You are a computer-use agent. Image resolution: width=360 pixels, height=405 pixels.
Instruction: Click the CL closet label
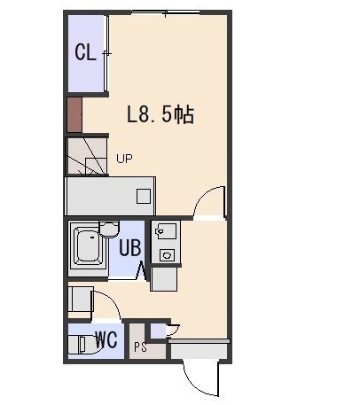85,52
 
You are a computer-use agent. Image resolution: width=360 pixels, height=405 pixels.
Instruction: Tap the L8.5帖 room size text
160,114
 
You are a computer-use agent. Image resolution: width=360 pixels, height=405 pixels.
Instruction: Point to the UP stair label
124,159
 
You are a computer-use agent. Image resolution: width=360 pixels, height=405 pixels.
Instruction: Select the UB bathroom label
129,247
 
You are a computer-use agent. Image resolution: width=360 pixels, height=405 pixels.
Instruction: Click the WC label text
106,339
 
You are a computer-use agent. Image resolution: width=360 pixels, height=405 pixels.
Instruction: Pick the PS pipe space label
140,347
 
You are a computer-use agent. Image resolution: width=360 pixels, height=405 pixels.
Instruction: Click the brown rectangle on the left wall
74,114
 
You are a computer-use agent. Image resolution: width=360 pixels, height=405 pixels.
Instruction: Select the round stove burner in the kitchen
167,254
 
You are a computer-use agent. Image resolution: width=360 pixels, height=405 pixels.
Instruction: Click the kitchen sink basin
166,231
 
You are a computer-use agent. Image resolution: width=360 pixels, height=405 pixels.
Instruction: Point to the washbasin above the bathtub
109,230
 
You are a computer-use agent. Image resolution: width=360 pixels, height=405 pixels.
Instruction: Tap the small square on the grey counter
144,197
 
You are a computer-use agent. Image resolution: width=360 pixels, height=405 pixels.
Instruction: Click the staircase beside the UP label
87,157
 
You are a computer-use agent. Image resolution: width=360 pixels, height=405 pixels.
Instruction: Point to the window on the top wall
166,12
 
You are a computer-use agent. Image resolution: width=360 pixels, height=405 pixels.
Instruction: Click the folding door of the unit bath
141,271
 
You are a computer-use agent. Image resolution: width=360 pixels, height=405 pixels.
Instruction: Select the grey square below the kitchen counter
164,279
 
